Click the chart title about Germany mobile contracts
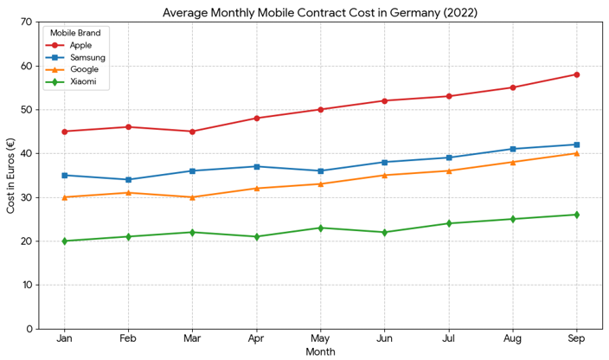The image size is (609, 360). (319, 12)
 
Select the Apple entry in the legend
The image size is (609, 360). (82, 43)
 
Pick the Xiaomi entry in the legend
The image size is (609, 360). (84, 82)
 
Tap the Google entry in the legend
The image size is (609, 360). (84, 69)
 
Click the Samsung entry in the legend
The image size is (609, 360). (87, 56)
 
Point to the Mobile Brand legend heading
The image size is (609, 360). (74, 32)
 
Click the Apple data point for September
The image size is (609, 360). (576, 74)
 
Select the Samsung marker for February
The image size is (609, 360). (128, 180)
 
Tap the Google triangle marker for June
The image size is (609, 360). (384, 175)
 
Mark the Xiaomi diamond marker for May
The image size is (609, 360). (320, 228)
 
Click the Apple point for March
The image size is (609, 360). (192, 132)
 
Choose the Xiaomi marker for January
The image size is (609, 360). (64, 241)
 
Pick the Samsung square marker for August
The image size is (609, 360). (512, 149)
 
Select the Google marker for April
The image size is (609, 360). (256, 188)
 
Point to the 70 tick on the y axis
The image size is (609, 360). (28, 22)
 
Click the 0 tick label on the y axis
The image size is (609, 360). (30, 329)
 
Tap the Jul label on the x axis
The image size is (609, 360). (448, 339)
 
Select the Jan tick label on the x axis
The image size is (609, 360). (64, 339)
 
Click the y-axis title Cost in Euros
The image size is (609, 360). (10, 176)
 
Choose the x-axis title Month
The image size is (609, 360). (320, 352)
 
